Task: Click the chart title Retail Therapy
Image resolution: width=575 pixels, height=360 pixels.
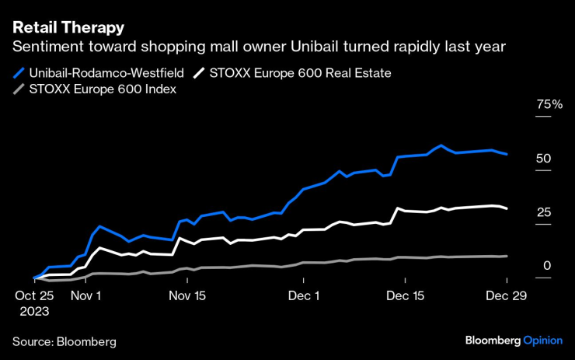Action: [68, 28]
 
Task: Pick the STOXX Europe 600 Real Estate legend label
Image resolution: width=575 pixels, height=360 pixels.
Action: [300, 73]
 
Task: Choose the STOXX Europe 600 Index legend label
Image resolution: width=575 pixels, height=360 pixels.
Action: [103, 89]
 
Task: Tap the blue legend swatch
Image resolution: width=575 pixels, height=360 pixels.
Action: [19, 73]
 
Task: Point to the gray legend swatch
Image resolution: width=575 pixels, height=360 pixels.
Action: [19, 89]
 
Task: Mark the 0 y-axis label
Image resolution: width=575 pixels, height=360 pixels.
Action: [547, 266]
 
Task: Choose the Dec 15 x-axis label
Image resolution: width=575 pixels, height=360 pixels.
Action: [406, 295]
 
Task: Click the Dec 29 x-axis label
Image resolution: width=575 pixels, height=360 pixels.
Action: [507, 295]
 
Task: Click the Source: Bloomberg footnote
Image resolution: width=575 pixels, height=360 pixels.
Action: [64, 341]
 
